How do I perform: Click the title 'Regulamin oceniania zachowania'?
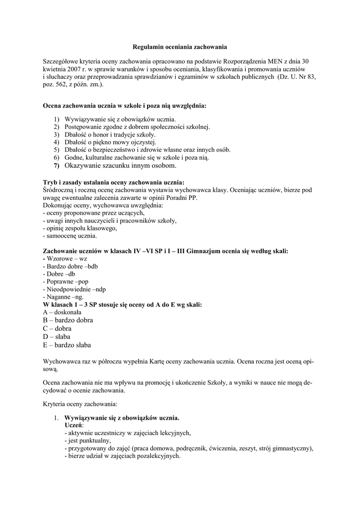[x=180, y=47]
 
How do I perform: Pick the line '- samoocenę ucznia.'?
[x=70, y=236]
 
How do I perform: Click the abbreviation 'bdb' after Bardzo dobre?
[x=92, y=266]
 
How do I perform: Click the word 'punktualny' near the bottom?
[x=94, y=441]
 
